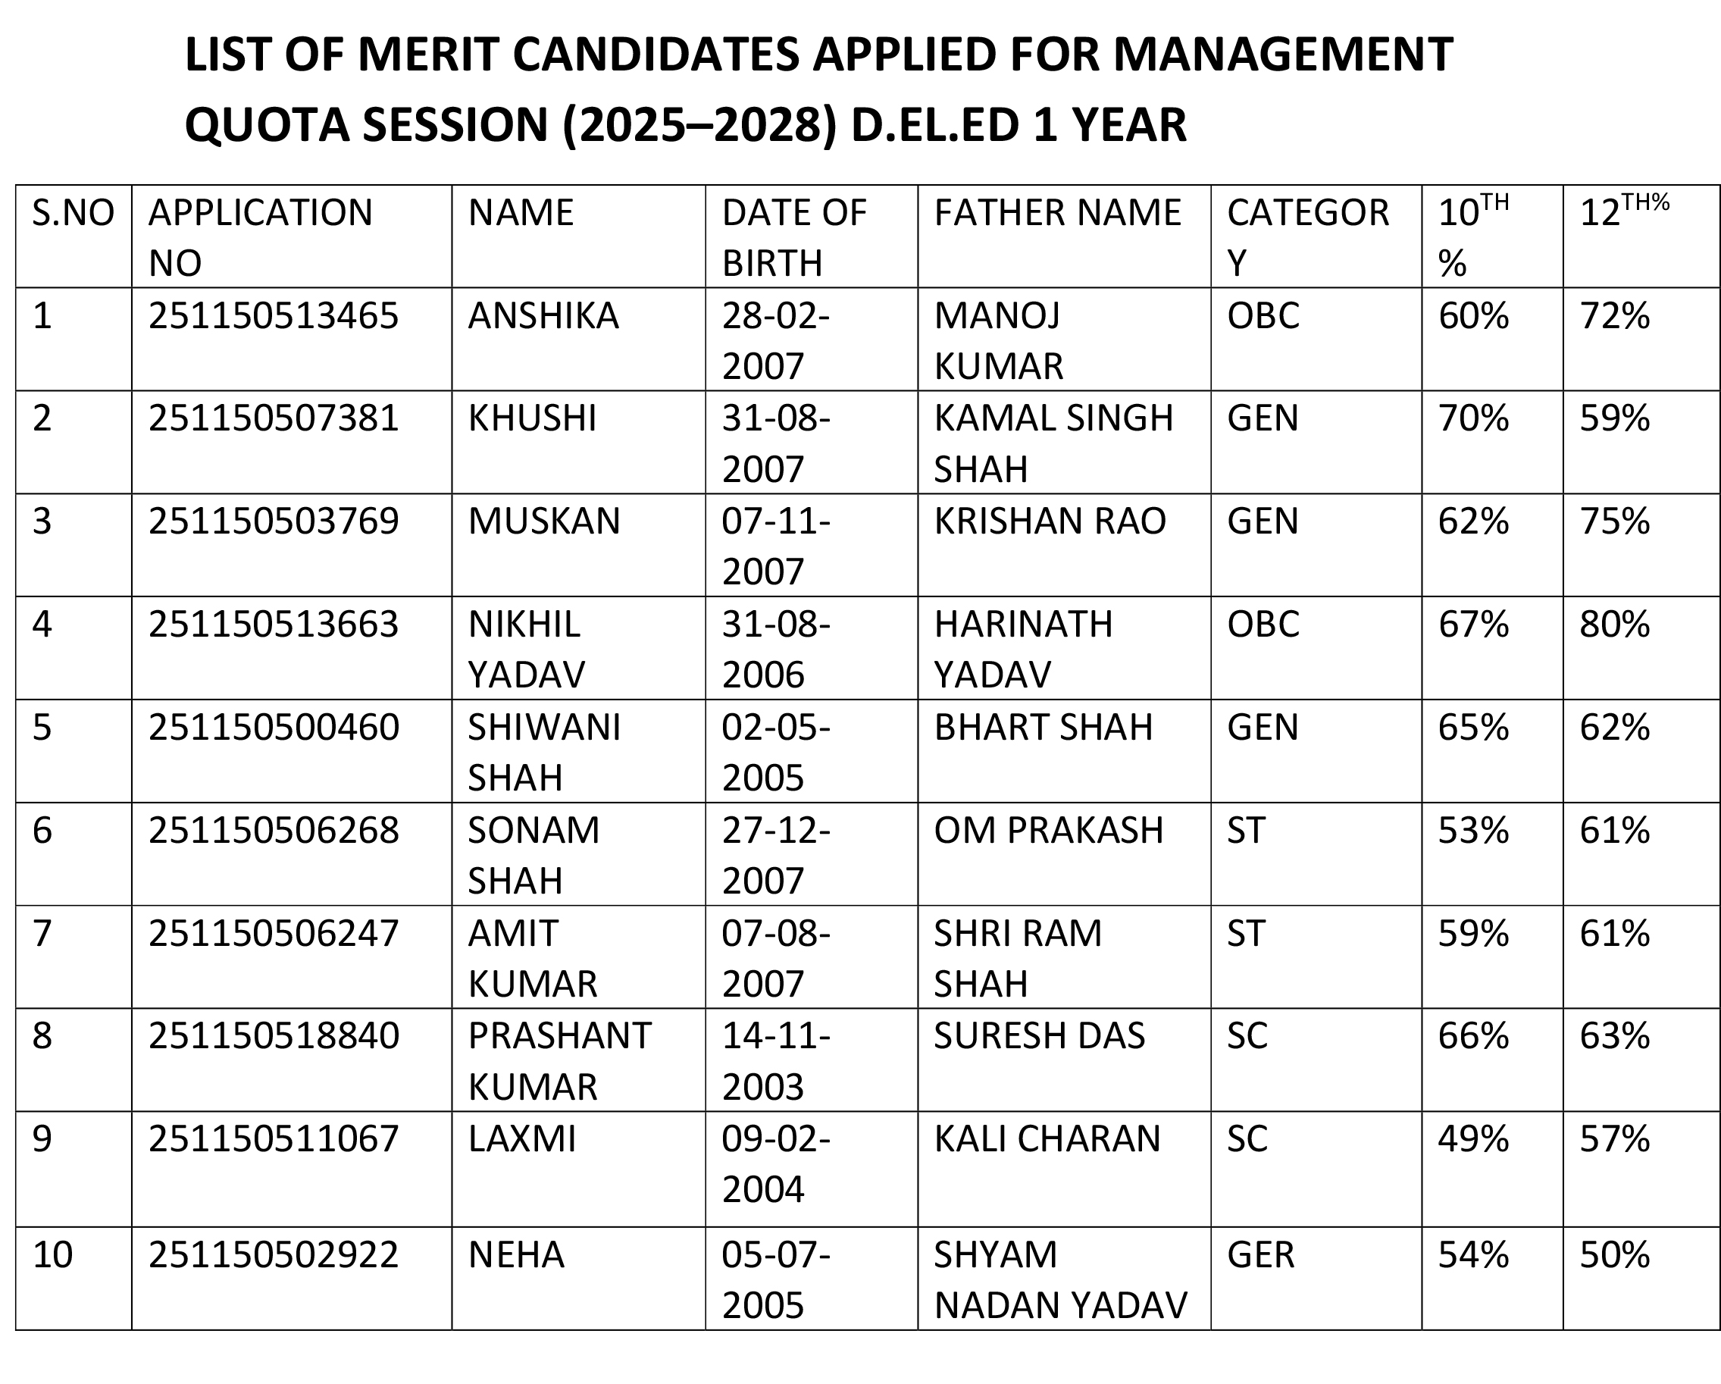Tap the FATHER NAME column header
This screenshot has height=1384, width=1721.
pyautogui.click(x=1057, y=213)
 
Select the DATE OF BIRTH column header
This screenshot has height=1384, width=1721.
pyautogui.click(x=793, y=237)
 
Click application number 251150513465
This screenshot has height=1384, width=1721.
pyautogui.click(x=273, y=316)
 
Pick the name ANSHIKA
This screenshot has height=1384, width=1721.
pyautogui.click(x=543, y=316)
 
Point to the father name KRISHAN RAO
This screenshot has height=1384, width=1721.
pyautogui.click(x=1050, y=521)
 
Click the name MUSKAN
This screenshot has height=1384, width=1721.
pyautogui.click(x=543, y=521)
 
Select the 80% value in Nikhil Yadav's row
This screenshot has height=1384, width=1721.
pyautogui.click(x=1614, y=624)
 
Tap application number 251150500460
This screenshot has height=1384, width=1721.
pyautogui.click(x=273, y=727)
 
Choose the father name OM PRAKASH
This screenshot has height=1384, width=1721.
pyautogui.click(x=1048, y=830)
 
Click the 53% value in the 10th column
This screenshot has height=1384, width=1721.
pyautogui.click(x=1472, y=830)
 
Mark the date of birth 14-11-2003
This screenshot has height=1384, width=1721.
pyautogui.click(x=775, y=1061)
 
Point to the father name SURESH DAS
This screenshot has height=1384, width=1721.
pyautogui.click(x=1039, y=1036)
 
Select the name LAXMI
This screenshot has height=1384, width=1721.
pyautogui.click(x=521, y=1139)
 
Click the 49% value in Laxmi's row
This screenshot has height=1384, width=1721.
pyautogui.click(x=1472, y=1139)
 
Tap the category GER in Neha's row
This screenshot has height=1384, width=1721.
pyautogui.click(x=1260, y=1254)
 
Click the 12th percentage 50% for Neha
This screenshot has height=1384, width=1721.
pyautogui.click(x=1614, y=1254)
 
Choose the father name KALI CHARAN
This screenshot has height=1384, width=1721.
pyautogui.click(x=1047, y=1139)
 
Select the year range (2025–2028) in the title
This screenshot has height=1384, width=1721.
pyautogui.click(x=699, y=125)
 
